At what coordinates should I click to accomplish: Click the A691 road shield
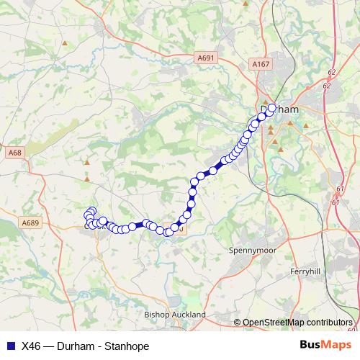coord(205,57)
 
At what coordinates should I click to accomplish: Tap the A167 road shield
coord(260,65)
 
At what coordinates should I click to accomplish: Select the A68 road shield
coord(14,153)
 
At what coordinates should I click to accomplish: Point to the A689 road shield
coord(29,223)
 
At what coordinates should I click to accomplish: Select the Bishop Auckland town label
coord(175,315)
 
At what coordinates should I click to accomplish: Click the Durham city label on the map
coord(278,110)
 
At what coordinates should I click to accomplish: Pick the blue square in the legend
coord(9,346)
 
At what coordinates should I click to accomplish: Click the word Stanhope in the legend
coord(126,346)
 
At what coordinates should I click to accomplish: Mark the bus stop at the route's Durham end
coord(272,107)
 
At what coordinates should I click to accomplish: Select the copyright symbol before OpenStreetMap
coord(237,323)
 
